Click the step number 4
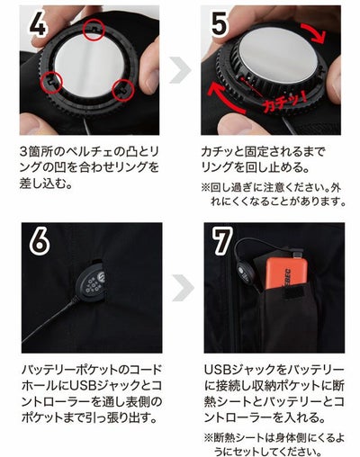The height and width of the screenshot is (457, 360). tap(38, 24)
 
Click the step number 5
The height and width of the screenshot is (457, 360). tap(220, 24)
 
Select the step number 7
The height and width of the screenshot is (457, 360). tap(221, 240)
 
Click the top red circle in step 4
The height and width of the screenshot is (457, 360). tap(94, 30)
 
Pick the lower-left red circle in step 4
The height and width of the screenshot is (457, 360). tap(51, 83)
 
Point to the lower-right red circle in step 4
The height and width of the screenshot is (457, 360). tap(122, 90)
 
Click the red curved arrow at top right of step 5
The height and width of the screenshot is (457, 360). tap(317, 33)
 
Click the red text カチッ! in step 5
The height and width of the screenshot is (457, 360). tap(283, 103)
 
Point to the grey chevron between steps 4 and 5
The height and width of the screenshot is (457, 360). tap(180, 70)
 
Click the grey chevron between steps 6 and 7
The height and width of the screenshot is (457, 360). tap(183, 287)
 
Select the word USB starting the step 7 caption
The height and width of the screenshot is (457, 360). tap(217, 370)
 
